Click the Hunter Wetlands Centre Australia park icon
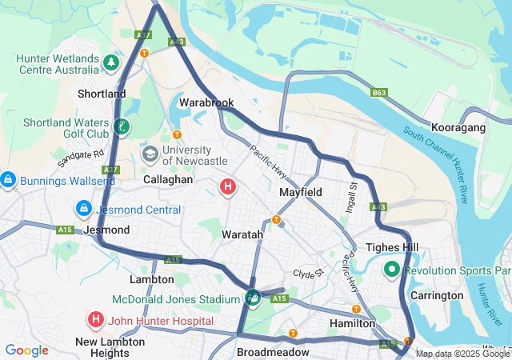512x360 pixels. coord(111,62)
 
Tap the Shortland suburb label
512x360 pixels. coord(102,94)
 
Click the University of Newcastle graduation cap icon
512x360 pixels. coord(150,153)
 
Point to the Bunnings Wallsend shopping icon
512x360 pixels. coord(7,179)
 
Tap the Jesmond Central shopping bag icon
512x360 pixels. coord(82,209)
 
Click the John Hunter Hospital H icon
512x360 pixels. coord(96,320)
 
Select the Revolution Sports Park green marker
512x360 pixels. coord(392,270)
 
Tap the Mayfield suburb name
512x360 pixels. coord(301,193)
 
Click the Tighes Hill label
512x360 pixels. coord(387,247)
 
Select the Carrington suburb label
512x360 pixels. coord(438,295)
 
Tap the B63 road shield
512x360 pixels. coord(379,93)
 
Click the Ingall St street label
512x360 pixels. coord(353,196)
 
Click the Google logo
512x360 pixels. coord(26,350)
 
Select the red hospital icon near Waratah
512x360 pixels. coord(228,187)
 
